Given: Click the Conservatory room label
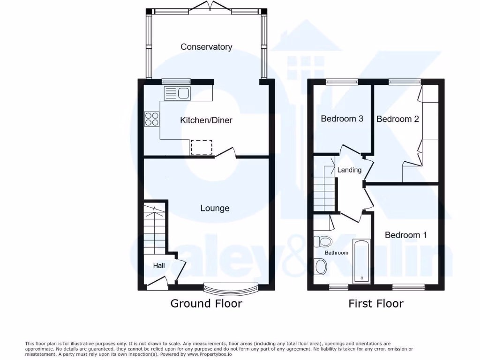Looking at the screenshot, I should tap(206, 47).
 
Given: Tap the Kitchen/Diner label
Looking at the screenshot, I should tap(206, 120).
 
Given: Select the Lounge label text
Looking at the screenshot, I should tap(215, 208).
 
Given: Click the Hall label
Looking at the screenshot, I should tap(159, 266).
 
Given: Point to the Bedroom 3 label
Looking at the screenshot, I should tap(342, 119).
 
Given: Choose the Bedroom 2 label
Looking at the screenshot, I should tap(397, 119).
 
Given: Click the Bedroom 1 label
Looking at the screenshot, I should tap(406, 235).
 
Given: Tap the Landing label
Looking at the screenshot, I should tap(349, 170).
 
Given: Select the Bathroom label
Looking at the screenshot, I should tap(337, 253).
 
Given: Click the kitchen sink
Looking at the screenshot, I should tap(177, 93).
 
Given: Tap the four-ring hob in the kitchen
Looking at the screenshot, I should tap(152, 119).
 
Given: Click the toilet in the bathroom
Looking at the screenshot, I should tap(322, 242).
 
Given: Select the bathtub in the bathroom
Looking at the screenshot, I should tap(361, 261).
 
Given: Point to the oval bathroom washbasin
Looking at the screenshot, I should tap(321, 267).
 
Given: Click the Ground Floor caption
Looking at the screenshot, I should tap(206, 303).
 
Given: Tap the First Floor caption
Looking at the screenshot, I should tap(375, 303).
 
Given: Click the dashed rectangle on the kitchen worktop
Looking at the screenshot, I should tap(201, 147).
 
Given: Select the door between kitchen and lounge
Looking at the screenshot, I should tap(226, 153).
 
